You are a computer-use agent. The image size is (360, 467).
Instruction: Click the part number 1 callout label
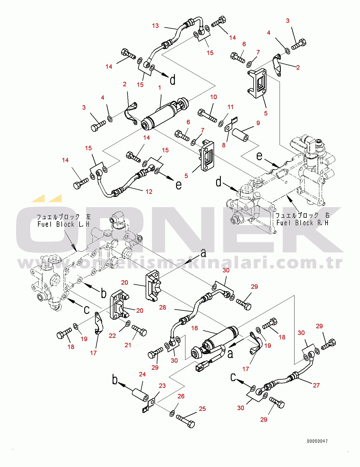click(160, 88)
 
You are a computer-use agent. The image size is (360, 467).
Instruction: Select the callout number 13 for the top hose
click(155, 26)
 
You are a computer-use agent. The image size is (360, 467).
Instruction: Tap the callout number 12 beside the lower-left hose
click(149, 192)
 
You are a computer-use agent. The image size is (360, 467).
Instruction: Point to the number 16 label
click(194, 328)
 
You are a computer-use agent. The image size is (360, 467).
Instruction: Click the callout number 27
click(316, 385)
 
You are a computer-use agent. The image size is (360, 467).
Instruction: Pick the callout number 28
click(163, 307)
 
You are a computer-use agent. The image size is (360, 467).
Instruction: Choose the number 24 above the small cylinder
click(142, 374)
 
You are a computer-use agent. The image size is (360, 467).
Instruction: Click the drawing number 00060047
click(317, 441)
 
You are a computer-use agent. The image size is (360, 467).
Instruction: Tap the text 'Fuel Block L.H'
click(63, 224)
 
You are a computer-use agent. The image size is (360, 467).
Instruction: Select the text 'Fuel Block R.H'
click(302, 223)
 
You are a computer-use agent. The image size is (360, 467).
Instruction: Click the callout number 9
click(258, 123)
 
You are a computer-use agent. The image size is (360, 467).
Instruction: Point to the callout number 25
click(202, 409)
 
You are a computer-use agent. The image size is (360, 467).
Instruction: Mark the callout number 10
click(213, 97)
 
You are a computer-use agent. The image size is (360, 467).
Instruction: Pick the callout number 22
click(112, 336)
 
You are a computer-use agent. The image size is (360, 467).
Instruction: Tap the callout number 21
click(128, 345)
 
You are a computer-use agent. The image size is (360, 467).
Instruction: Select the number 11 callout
click(230, 107)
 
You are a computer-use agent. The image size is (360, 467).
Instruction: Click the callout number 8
click(224, 145)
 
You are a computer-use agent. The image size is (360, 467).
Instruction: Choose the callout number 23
click(162, 386)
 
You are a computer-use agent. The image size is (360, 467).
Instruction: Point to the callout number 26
click(181, 396)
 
